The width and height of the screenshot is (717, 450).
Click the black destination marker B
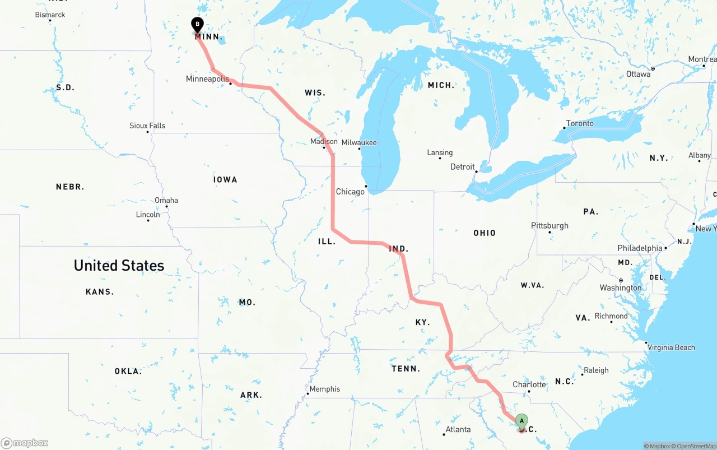(197, 24)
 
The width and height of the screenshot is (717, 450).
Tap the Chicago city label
(350, 192)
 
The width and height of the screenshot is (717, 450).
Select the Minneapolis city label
(207, 79)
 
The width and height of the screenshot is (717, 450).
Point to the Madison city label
(324, 142)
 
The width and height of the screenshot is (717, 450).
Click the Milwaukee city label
(359, 143)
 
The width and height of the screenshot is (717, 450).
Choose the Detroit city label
(463, 167)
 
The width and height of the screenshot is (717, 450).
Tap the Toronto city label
(580, 123)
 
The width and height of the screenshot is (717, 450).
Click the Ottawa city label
(639, 74)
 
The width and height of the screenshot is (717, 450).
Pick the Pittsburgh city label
(550, 226)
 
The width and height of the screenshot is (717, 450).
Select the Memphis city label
(325, 389)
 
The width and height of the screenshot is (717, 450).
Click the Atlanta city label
(458, 430)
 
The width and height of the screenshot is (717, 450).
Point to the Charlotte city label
(529, 384)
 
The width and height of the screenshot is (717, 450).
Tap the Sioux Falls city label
(147, 126)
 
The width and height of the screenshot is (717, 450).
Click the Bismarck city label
(50, 15)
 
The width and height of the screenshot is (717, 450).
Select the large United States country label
(119, 265)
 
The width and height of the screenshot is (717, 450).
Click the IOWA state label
(225, 180)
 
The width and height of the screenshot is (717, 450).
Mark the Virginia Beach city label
(671, 347)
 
